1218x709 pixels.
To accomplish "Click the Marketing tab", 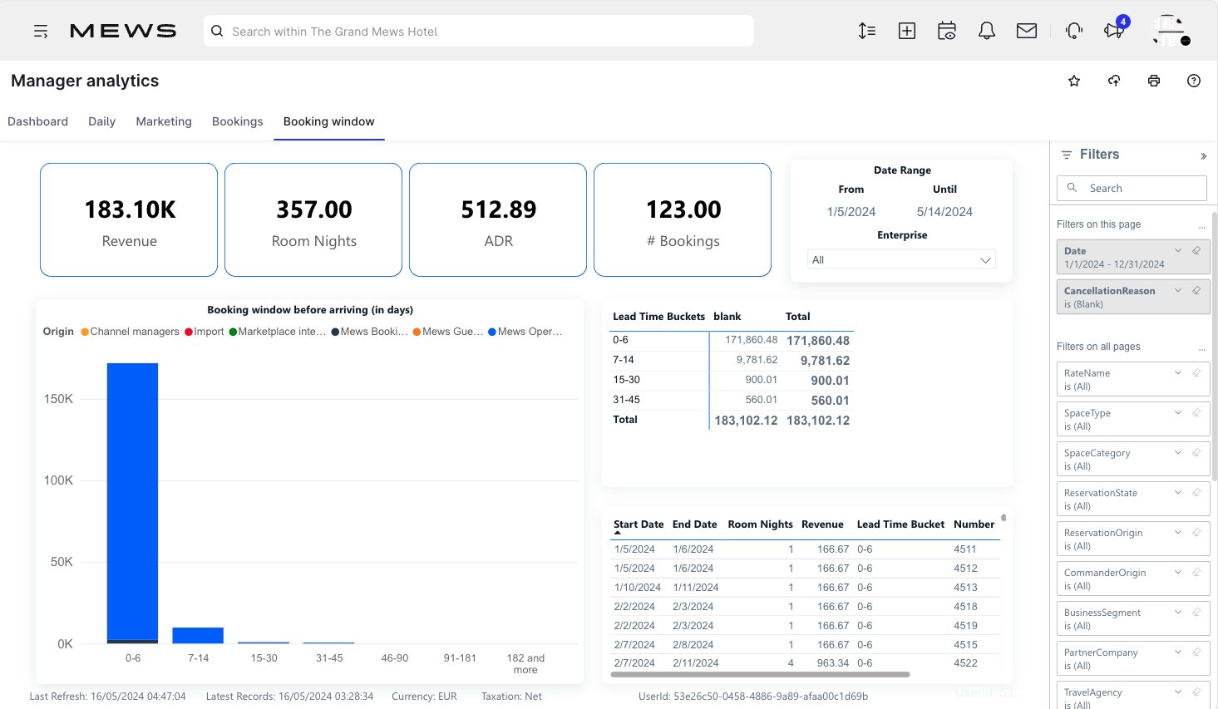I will click(x=164, y=121).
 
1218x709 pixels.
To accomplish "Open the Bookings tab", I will click(x=237, y=121).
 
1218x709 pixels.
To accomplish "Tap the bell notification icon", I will click(x=987, y=31).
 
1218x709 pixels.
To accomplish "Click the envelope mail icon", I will click(x=1027, y=31).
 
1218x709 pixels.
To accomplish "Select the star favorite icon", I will click(x=1074, y=81).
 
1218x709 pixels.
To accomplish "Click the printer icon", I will click(x=1154, y=81).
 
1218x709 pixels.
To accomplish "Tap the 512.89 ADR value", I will click(x=499, y=209).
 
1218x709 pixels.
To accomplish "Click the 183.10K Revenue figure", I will click(x=130, y=209).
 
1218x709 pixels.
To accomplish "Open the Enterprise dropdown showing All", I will click(x=901, y=260).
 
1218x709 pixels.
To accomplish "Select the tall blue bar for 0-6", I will click(x=132, y=499).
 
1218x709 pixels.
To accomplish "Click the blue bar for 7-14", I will click(x=198, y=635).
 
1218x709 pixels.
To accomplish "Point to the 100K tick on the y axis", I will click(x=58, y=480).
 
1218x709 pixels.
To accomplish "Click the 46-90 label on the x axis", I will click(x=395, y=658).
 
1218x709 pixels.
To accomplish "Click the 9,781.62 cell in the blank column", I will click(x=757, y=360).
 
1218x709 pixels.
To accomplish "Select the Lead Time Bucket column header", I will click(x=900, y=524).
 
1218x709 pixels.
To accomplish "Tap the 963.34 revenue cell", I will click(x=832, y=663).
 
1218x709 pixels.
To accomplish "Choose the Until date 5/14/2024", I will click(x=944, y=212).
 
